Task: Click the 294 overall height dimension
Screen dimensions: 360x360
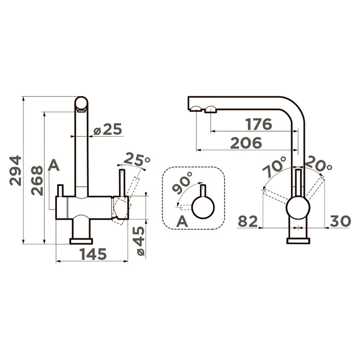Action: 15,171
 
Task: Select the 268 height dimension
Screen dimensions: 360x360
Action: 37,181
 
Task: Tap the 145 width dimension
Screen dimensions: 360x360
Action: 93,254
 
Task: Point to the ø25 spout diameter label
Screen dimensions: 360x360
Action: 108,129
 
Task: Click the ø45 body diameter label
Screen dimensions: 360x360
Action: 140,241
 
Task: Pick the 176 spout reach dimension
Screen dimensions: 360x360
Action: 259,125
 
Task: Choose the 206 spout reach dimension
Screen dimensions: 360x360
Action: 246,143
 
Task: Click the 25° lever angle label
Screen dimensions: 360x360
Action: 137,159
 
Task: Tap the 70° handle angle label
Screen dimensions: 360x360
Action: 275,167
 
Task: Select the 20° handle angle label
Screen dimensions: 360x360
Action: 319,163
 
